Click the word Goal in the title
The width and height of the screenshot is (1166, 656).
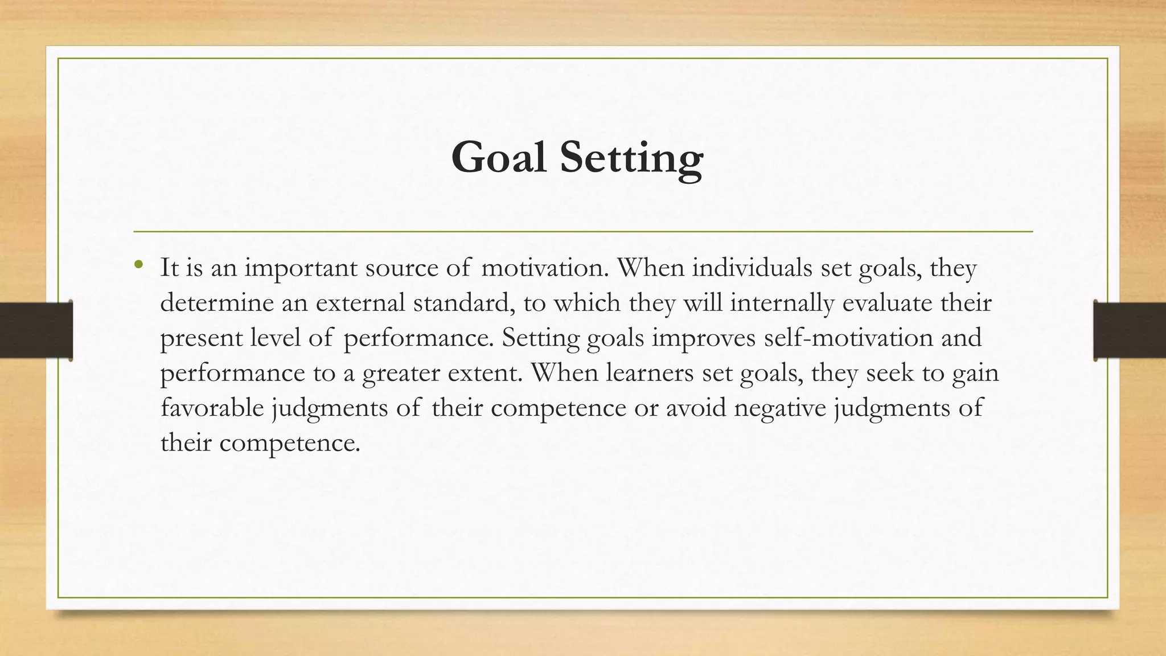(x=499, y=158)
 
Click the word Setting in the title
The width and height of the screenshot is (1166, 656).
(x=631, y=159)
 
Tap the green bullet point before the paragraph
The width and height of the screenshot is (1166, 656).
(x=138, y=265)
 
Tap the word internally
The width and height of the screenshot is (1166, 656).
(x=782, y=302)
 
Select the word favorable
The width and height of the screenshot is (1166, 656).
(x=212, y=408)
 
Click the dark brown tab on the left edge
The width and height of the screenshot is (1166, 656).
(x=35, y=330)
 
